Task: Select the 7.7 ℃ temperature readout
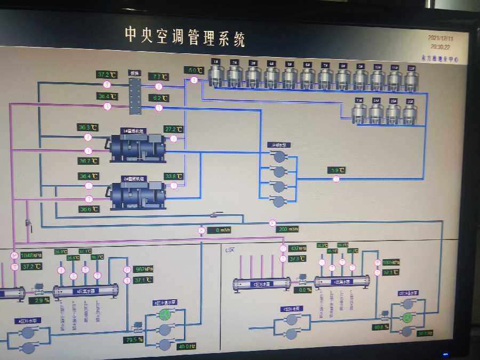(157, 77)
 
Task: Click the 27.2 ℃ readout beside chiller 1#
(173, 129)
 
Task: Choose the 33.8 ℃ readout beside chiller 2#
(173, 176)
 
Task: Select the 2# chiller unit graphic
(137, 195)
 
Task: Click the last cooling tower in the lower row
(410, 113)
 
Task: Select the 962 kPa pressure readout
(143, 269)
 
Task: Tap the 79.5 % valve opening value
(133, 340)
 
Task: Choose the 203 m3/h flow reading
(287, 229)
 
